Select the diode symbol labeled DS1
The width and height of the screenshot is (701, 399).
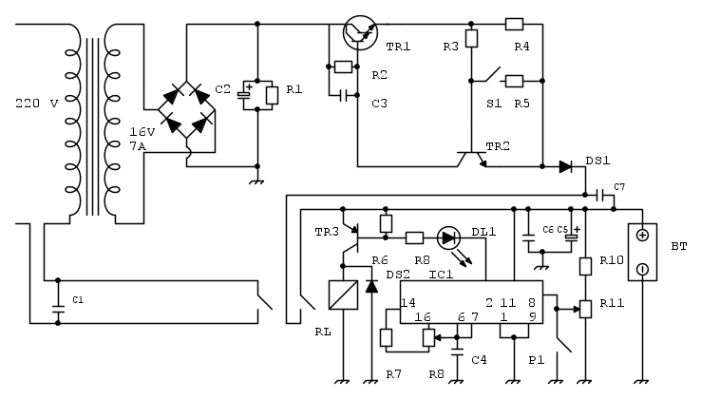point(566,166)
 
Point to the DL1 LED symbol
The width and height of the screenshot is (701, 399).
point(449,237)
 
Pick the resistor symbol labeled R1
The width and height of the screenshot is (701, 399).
point(271,94)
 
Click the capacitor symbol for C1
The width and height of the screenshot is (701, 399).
point(57,306)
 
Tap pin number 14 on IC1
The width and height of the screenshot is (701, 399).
point(408,302)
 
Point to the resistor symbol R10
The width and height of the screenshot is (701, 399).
point(586,266)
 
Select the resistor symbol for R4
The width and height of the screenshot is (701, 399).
point(514,23)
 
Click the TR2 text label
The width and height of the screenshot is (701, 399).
point(498,145)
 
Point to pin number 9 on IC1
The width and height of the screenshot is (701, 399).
point(533,316)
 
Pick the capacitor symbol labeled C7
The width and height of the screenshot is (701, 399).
point(600,195)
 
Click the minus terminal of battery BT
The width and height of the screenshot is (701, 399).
point(643,269)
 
